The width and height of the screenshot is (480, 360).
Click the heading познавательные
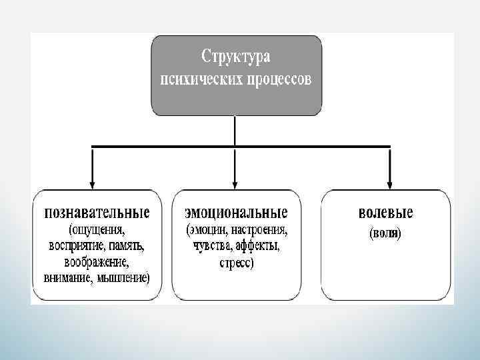[97, 213]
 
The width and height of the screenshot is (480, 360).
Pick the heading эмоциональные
[236, 213]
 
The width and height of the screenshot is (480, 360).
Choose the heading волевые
[385, 213]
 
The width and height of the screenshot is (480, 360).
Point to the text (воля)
[385, 234]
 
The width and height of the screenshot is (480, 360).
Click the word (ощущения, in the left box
[97, 231]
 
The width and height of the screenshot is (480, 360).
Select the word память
[128, 246]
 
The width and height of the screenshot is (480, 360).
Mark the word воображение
[97, 261]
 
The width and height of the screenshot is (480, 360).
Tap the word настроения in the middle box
[261, 231]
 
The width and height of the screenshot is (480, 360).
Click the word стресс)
[236, 263]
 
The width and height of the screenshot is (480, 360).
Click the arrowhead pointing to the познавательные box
[92, 183]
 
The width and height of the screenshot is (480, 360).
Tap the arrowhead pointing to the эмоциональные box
[235, 183]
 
